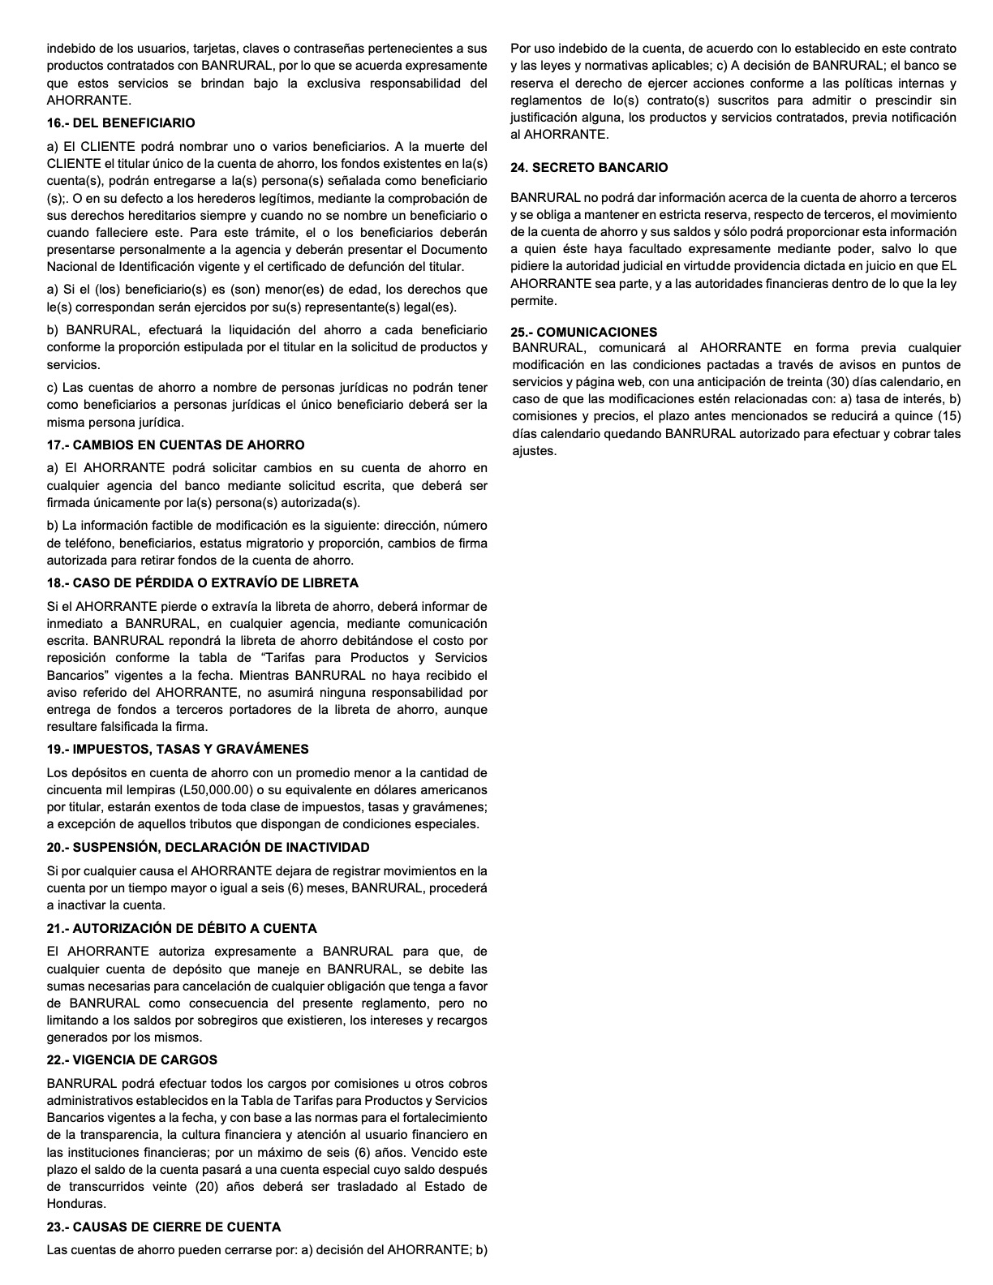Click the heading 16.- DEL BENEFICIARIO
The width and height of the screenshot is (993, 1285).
click(x=121, y=123)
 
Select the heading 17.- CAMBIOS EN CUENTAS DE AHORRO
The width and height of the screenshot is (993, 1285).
click(x=175, y=445)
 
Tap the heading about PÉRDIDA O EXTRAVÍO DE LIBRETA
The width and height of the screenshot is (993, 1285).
click(x=202, y=582)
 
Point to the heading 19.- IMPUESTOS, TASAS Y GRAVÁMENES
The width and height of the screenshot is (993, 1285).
click(x=178, y=749)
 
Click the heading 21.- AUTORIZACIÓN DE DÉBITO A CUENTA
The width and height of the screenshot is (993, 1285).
click(x=182, y=928)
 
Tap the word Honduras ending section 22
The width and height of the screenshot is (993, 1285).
click(x=76, y=1203)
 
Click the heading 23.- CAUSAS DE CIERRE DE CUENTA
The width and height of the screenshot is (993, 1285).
click(x=164, y=1227)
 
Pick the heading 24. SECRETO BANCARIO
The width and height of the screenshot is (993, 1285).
click(x=589, y=167)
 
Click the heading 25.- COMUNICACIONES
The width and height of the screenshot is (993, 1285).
click(x=595, y=332)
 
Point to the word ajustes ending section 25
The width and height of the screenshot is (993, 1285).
click(x=534, y=450)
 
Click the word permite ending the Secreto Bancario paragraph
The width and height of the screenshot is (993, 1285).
click(x=534, y=300)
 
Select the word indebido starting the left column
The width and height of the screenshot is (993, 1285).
click(x=70, y=49)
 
